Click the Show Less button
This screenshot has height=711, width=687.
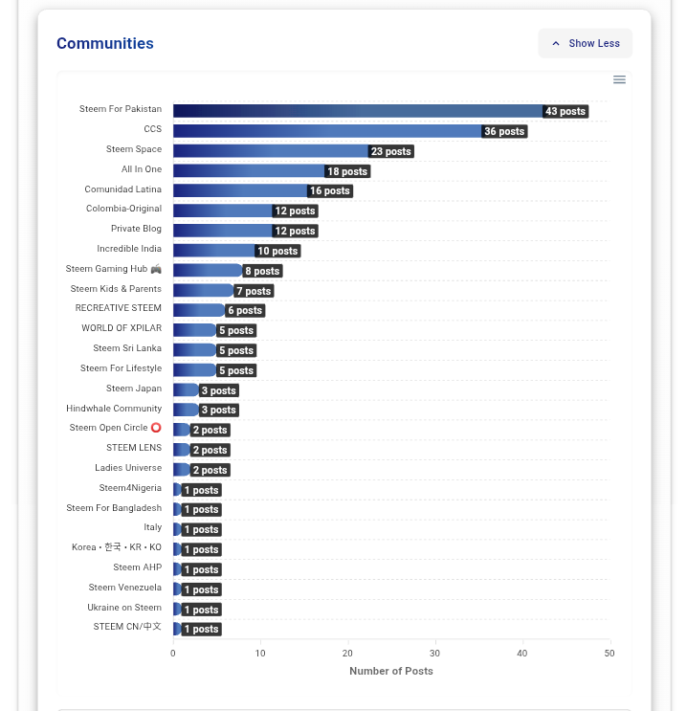click(x=585, y=43)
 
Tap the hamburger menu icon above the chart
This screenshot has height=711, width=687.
click(x=619, y=79)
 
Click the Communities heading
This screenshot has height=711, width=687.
click(x=105, y=43)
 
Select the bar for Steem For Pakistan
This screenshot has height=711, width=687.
click(x=357, y=111)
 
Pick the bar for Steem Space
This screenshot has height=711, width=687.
click(x=270, y=151)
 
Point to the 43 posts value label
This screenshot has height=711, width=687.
click(x=565, y=111)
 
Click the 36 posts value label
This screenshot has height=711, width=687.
click(x=504, y=131)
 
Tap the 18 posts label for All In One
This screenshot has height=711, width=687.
click(x=347, y=171)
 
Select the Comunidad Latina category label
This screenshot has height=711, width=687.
click(x=122, y=189)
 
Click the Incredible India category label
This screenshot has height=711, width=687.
click(x=129, y=249)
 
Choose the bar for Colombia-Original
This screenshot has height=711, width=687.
click(x=222, y=211)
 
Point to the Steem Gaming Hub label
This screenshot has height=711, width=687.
click(x=113, y=269)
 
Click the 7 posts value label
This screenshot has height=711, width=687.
click(x=254, y=291)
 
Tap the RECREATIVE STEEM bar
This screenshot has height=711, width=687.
click(x=198, y=310)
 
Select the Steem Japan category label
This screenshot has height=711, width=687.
click(x=134, y=389)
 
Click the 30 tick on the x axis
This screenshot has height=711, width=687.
click(x=435, y=653)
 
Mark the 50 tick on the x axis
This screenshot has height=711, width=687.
click(x=609, y=653)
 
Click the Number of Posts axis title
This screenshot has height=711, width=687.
click(x=391, y=671)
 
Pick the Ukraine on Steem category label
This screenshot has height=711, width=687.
click(x=124, y=607)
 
